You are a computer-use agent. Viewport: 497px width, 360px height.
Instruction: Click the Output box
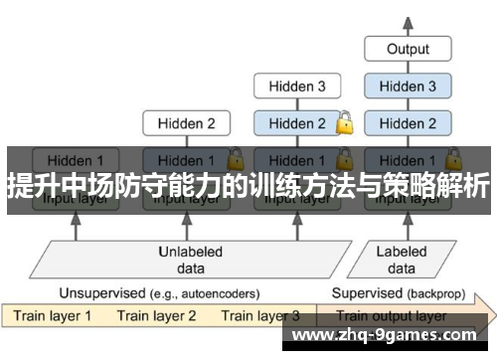[x=408, y=49]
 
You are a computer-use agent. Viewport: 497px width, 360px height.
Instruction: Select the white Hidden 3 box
[x=295, y=87]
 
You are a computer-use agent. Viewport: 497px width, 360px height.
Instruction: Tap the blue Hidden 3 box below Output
[x=408, y=87]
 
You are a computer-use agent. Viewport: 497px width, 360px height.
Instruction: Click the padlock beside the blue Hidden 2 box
[x=345, y=123]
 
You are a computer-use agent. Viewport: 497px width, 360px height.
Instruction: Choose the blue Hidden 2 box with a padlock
[x=295, y=123]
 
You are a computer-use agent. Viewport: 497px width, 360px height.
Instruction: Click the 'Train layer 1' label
[x=52, y=316]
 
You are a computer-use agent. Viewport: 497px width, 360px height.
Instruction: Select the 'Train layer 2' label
[x=158, y=316]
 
